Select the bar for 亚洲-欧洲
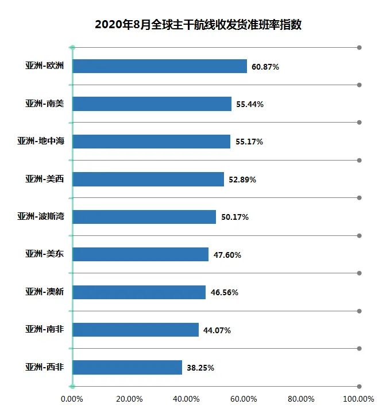160,66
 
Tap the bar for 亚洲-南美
152,104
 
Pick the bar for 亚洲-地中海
152,142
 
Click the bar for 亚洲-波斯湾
144,217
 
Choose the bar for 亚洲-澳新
139,292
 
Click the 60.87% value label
265,67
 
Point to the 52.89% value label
242,180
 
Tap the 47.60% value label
227,255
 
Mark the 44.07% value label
217,330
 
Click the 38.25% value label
200,368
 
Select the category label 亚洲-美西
44,180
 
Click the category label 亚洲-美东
44,255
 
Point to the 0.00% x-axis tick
72,399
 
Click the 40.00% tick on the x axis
187,399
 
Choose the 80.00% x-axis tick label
302,399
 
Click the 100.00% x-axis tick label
358,399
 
